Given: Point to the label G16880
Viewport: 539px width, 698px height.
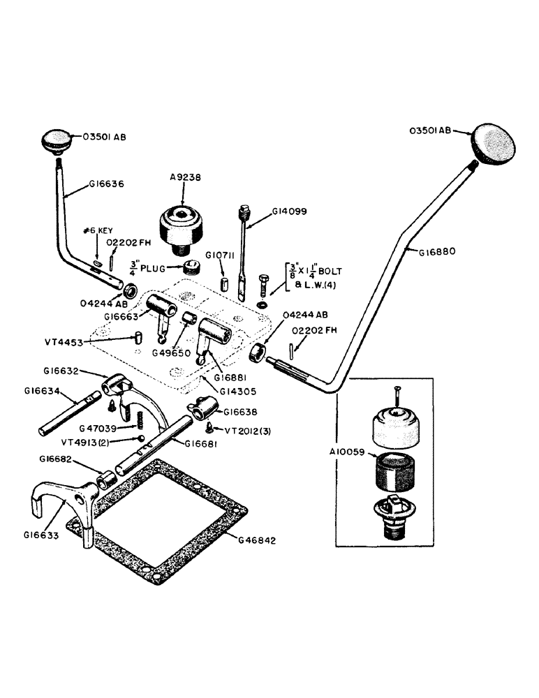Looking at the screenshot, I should [439, 251].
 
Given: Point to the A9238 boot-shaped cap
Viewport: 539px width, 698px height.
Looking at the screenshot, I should [182, 225].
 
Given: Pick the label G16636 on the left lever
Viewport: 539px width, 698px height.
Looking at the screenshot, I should [106, 184].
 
